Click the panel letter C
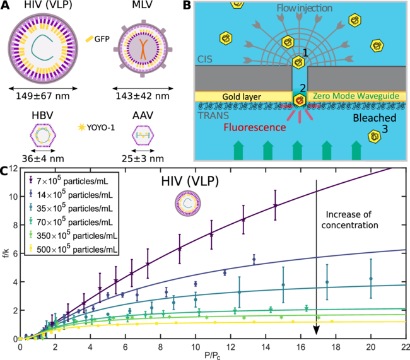5,170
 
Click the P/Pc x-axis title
213,355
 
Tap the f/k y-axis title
4,257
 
